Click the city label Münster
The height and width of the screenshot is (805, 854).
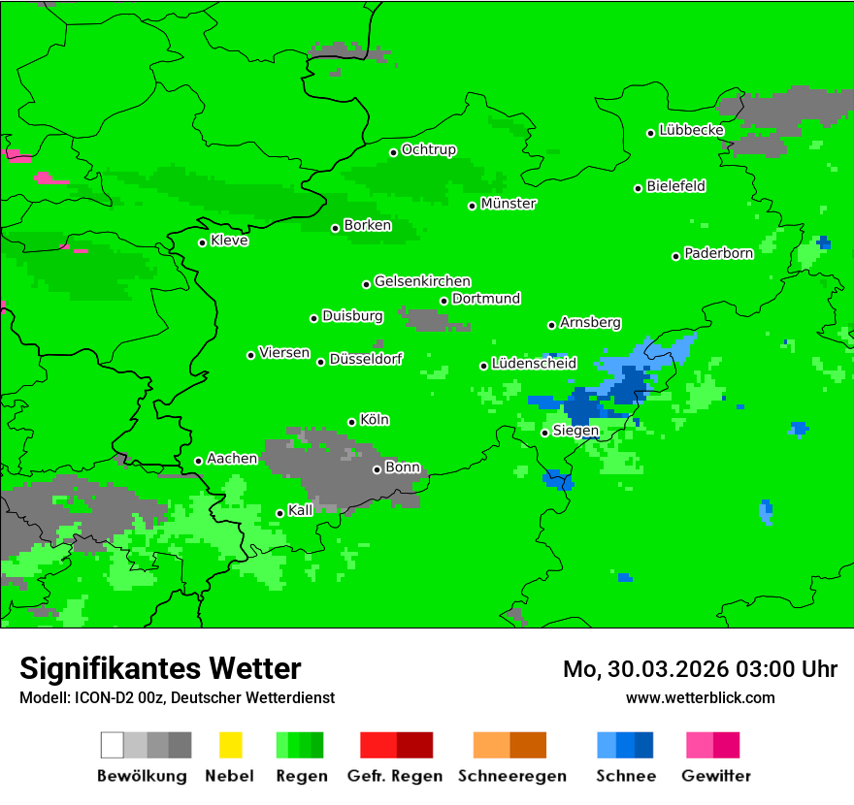click(509, 204)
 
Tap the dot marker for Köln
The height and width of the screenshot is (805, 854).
click(351, 422)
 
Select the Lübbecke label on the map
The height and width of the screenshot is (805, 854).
click(691, 130)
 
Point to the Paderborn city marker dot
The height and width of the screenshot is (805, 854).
click(675, 256)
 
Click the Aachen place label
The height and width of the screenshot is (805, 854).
click(232, 459)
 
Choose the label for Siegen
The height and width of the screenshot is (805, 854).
click(575, 431)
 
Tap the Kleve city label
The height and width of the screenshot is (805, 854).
click(229, 241)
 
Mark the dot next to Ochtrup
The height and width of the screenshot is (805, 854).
click(393, 152)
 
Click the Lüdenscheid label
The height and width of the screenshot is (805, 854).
click(534, 364)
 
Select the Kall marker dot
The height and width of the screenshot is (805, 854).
click(279, 513)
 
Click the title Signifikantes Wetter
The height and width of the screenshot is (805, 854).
click(160, 668)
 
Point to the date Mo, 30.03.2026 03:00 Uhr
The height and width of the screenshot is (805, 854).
click(700, 669)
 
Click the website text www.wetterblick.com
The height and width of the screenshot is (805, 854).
click(700, 697)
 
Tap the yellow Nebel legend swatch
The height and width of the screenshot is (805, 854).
click(230, 745)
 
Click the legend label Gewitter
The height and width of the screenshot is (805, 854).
click(716, 776)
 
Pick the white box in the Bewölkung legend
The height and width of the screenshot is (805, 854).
click(112, 745)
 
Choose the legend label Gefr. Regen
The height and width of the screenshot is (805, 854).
click(395, 776)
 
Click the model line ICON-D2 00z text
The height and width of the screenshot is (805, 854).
click(177, 697)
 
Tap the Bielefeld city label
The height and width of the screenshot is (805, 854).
click(675, 186)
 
